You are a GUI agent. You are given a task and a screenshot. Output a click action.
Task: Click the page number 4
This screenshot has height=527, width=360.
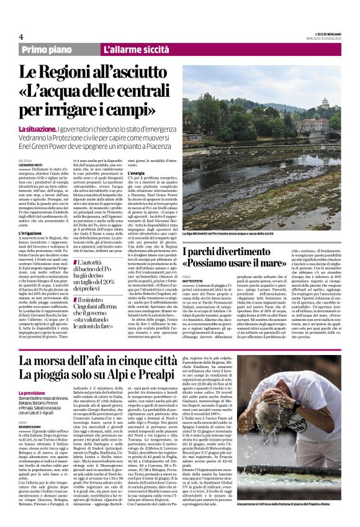[20, 37]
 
